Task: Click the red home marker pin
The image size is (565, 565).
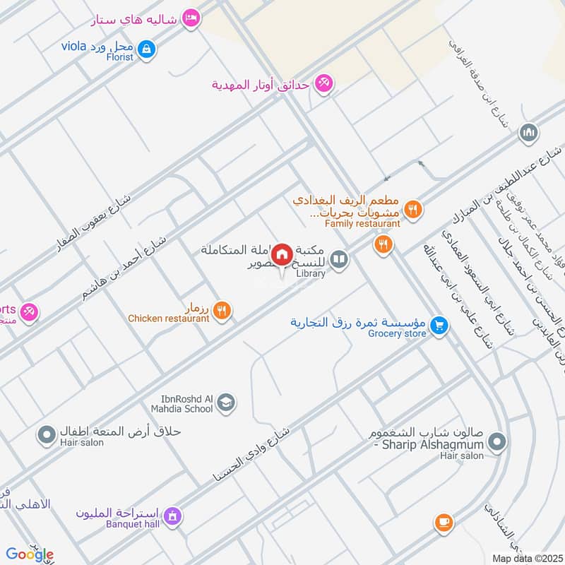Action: point(282,254)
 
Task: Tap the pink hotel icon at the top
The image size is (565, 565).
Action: point(190,18)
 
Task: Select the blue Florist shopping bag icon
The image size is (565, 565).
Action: point(147,49)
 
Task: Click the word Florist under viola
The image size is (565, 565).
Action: point(119,56)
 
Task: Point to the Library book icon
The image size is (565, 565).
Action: point(340,261)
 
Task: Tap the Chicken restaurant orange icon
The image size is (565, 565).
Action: point(222,310)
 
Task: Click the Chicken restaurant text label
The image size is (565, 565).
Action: point(169,319)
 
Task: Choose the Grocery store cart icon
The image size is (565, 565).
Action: point(440,325)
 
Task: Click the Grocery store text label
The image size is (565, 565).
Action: point(397,333)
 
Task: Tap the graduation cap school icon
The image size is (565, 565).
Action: point(226,403)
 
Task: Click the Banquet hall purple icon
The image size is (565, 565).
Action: point(172,517)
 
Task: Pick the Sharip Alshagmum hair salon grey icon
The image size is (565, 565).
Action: point(498,442)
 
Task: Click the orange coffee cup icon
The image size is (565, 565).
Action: point(443,522)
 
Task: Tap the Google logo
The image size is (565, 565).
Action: point(29,554)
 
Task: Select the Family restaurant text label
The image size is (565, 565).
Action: point(362,224)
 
